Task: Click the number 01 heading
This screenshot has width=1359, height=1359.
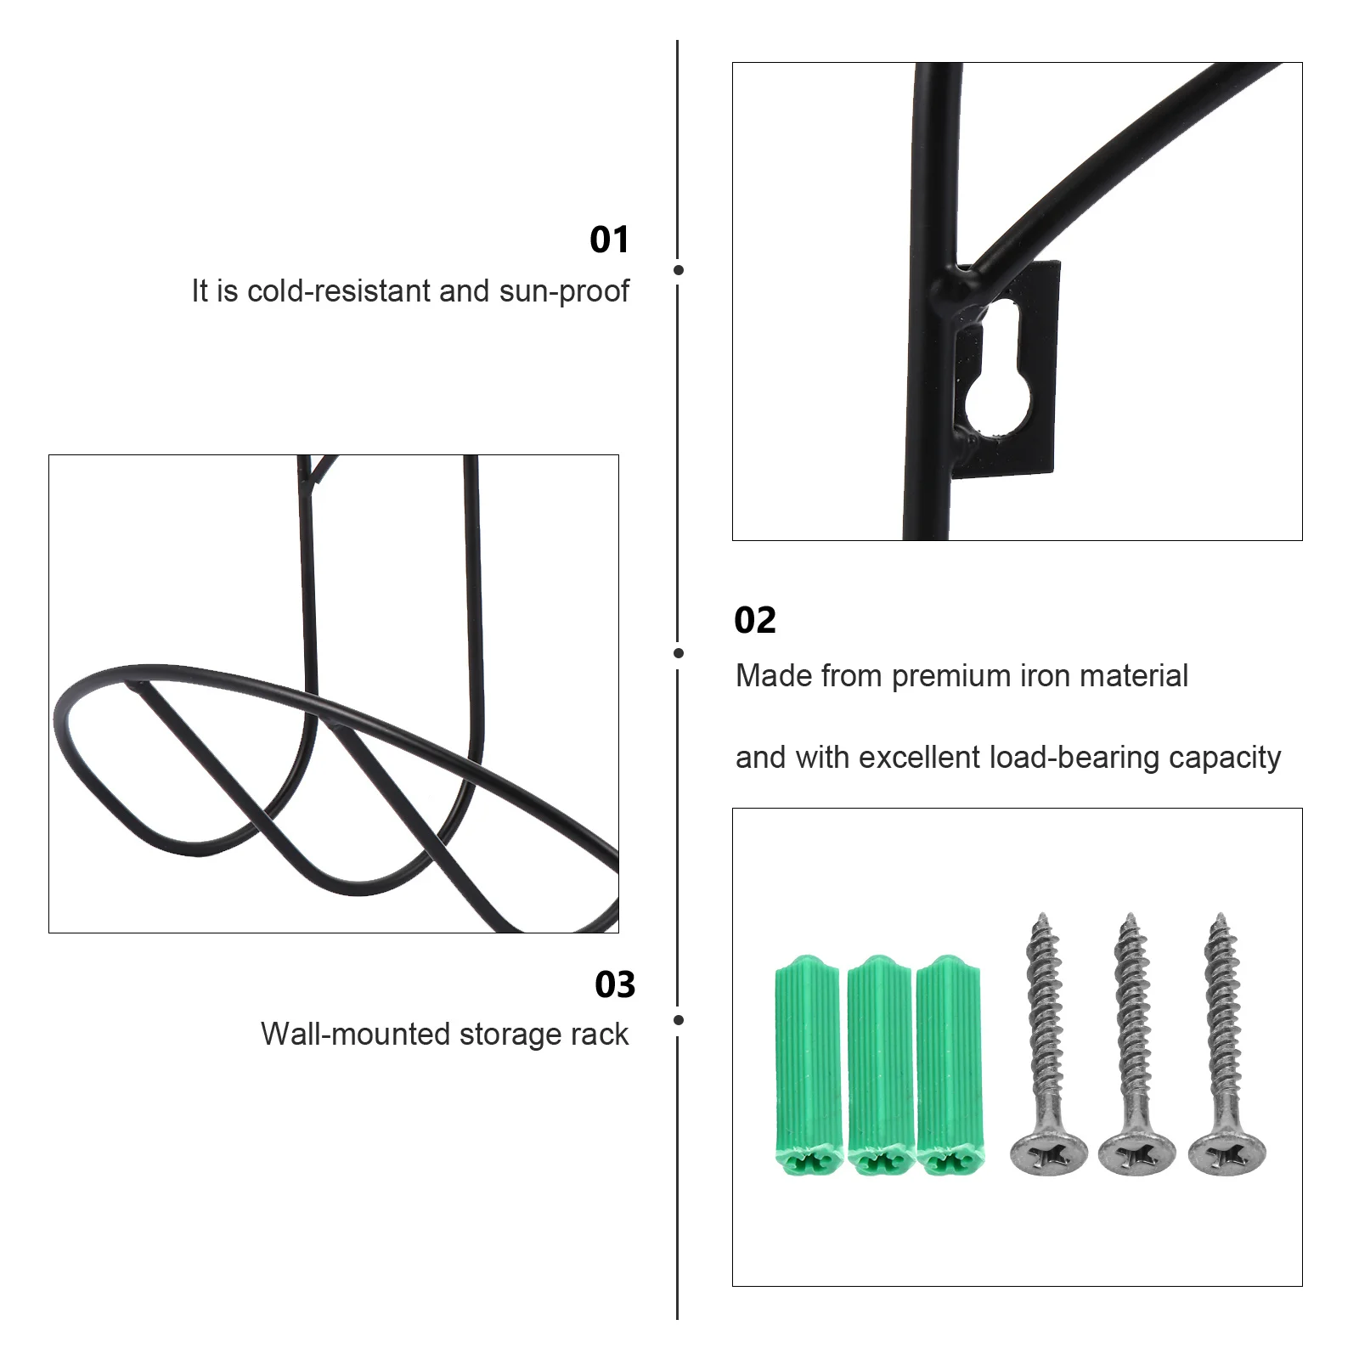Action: click(609, 240)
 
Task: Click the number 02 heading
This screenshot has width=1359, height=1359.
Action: click(754, 621)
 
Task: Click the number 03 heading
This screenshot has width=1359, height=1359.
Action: click(614, 985)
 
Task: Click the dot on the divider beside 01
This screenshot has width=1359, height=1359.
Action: click(678, 270)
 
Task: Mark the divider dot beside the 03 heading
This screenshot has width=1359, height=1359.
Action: click(678, 1019)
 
